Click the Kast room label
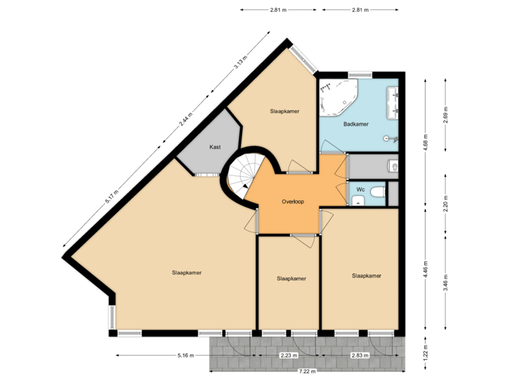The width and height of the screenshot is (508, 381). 216,147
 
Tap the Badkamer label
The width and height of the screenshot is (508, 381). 356,124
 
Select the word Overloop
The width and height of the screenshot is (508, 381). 292,201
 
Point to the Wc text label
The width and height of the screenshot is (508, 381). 360,189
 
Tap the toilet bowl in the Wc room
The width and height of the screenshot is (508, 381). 376,192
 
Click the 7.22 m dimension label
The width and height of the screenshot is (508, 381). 307,371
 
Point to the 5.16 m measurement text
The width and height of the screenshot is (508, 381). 185,355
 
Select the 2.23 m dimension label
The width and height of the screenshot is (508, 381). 286,355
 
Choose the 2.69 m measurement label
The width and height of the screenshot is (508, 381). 445,114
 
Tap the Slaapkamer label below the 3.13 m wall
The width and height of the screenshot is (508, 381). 284,111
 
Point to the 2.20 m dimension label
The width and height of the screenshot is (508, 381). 445,205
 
